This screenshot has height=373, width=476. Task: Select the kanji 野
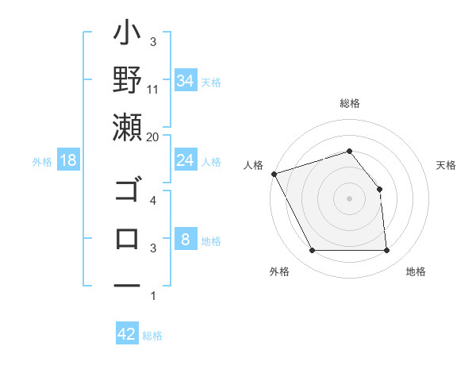(128, 81)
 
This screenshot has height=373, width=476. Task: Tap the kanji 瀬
(128, 127)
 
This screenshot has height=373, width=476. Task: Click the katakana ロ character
(128, 237)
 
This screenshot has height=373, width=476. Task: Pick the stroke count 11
(153, 89)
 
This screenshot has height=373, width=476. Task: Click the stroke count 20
(153, 137)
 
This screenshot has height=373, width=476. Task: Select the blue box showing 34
(185, 80)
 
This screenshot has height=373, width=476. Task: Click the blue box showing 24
(185, 160)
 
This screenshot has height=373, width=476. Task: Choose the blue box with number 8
(185, 240)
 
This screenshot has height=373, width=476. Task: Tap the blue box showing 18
(68, 160)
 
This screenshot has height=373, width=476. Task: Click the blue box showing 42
(127, 334)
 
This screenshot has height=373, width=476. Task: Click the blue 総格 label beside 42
(152, 336)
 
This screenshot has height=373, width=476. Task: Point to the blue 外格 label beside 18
(42, 161)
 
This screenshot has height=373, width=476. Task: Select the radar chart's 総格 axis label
(349, 103)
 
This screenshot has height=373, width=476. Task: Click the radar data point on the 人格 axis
(274, 173)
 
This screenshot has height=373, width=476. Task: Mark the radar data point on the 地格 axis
(386, 251)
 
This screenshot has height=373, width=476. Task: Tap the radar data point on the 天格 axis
(379, 189)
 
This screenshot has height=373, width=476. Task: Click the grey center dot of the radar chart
(349, 198)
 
